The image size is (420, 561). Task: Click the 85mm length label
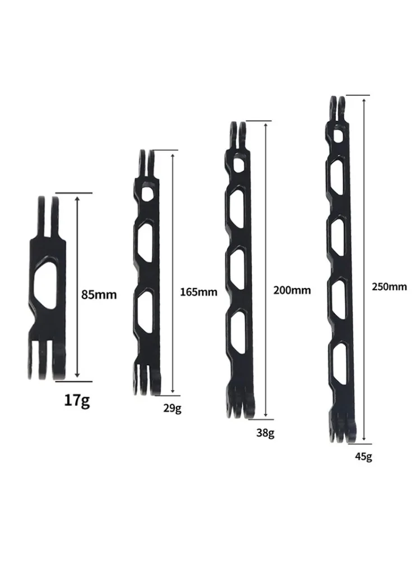[99, 294]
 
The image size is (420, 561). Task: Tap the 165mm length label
[198, 292]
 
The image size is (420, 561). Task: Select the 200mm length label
[292, 290]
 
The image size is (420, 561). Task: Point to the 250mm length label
[389, 286]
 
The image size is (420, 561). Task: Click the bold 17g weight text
[77, 401]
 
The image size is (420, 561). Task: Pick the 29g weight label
[172, 408]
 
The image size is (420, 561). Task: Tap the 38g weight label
[265, 433]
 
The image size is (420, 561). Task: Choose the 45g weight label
[362, 456]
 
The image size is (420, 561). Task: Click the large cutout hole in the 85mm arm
[45, 284]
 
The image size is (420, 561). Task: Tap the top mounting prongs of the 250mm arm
[337, 108]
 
